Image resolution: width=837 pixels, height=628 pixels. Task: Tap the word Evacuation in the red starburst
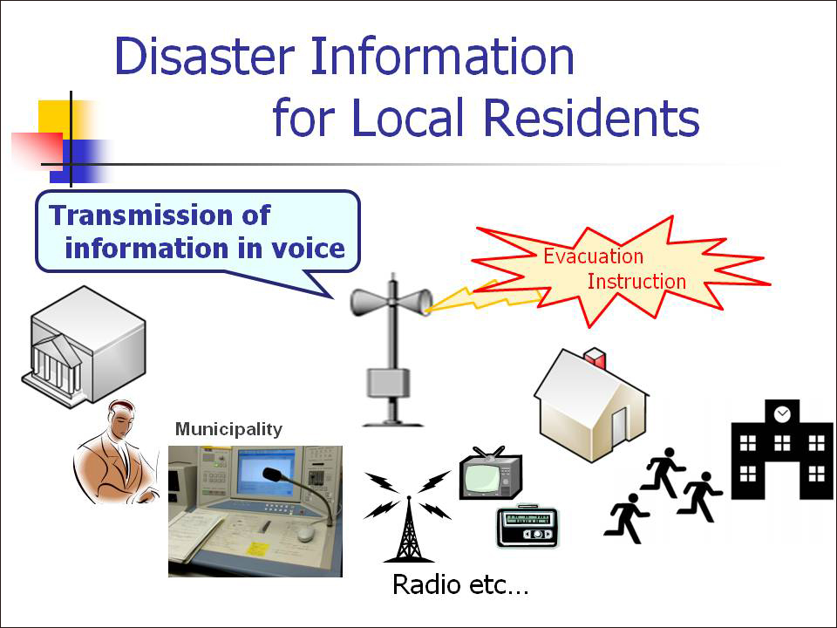click(593, 256)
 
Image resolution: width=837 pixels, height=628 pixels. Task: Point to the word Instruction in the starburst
click(636, 281)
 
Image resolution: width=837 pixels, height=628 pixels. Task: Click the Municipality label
click(228, 428)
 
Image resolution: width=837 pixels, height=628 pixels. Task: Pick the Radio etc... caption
click(460, 584)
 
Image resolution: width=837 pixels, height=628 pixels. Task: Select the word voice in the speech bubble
click(310, 249)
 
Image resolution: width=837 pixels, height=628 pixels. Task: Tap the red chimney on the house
click(595, 358)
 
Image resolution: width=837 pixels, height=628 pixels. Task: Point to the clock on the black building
click(782, 413)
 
